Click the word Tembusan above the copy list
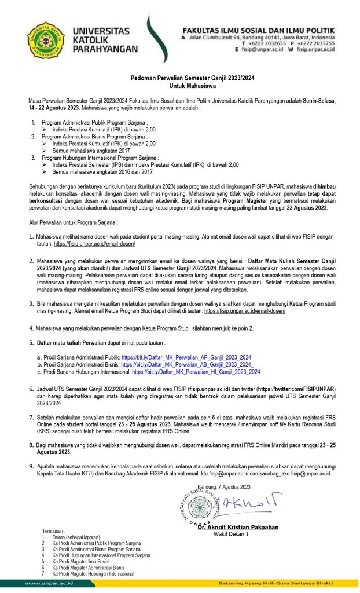(x=54, y=530)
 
